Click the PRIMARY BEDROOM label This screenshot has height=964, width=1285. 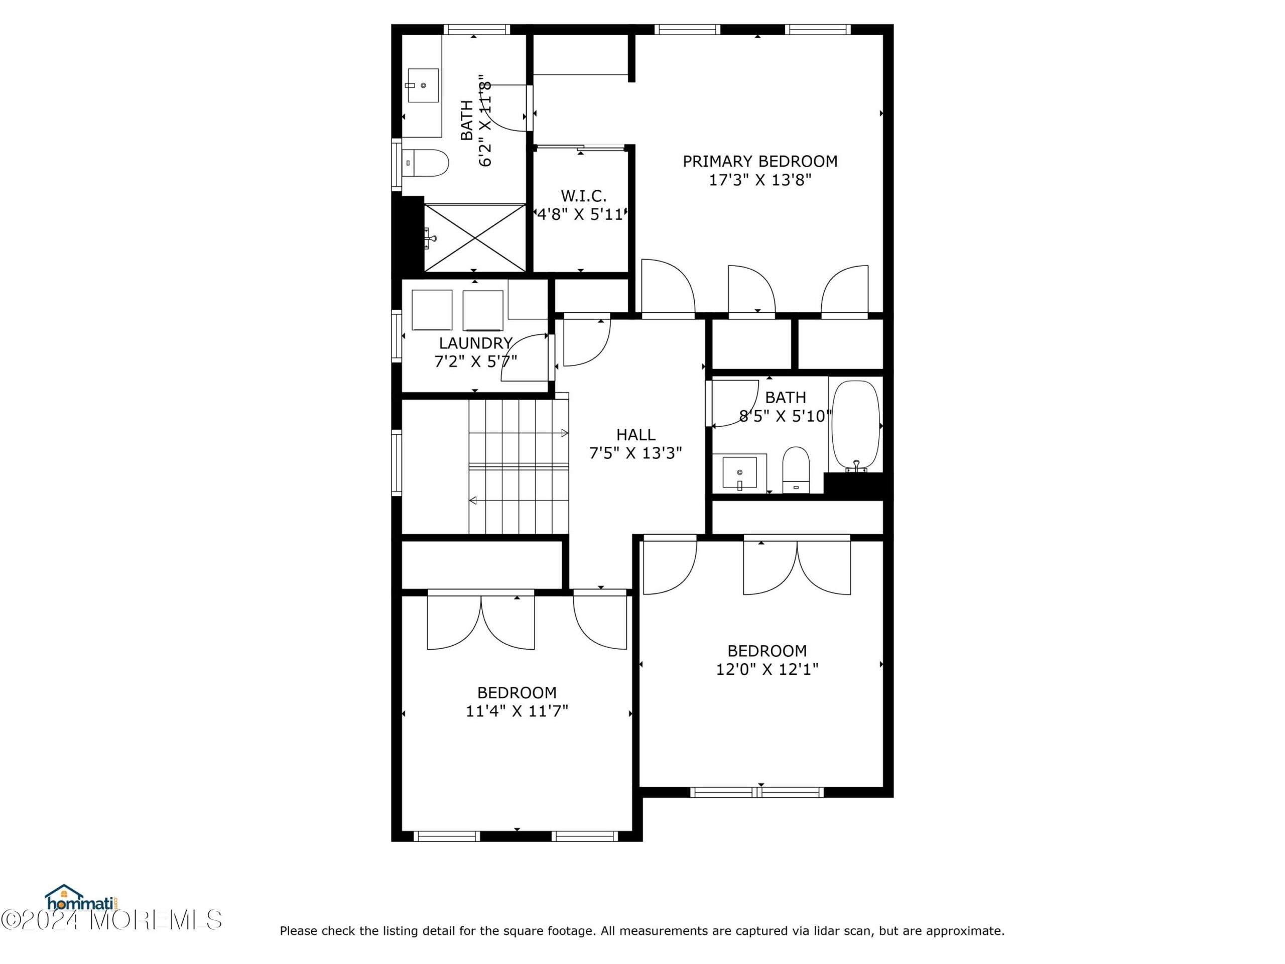[760, 162]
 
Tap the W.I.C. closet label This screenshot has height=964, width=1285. [583, 196]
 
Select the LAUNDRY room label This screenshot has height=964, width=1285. [476, 343]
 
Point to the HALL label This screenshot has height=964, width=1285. [635, 435]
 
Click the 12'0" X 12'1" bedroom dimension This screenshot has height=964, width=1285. [767, 669]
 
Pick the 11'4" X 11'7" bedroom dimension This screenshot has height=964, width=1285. [517, 711]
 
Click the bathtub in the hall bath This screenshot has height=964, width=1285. [856, 426]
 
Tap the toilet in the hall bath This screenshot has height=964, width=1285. [796, 470]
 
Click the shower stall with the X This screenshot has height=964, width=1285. [475, 237]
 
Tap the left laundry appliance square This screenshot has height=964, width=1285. [432, 310]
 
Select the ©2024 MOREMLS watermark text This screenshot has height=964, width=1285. [111, 920]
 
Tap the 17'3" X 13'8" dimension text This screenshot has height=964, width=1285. [760, 180]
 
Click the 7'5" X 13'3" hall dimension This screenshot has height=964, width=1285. [635, 453]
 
